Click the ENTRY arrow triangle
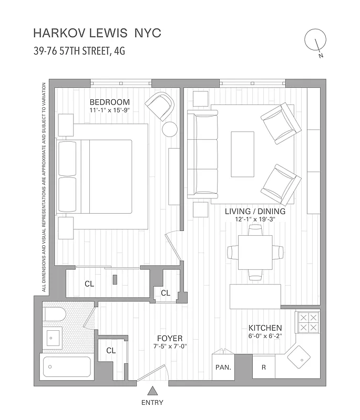[152, 391]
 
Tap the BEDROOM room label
[109, 102]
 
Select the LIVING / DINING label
[255, 211]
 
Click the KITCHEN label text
[265, 328]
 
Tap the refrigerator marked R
[264, 367]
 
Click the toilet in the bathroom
[54, 315]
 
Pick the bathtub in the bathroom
[66, 366]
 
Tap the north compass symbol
[316, 40]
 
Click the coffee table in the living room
[242, 154]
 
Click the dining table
[255, 251]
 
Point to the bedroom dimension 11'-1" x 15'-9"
[109, 111]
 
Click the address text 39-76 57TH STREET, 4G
[79, 51]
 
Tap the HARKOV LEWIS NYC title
[97, 33]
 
